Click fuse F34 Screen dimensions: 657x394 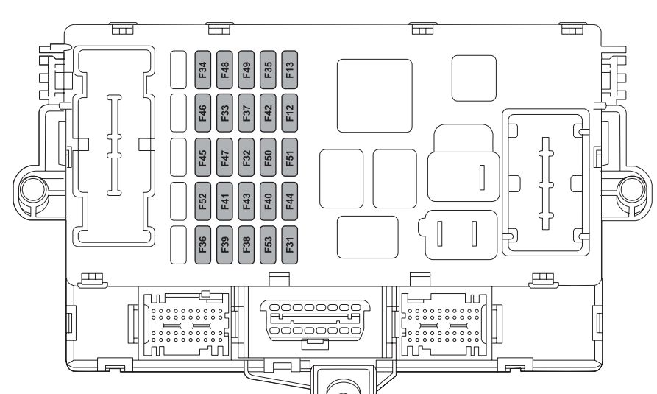click(x=203, y=70)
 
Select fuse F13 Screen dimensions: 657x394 click(x=290, y=70)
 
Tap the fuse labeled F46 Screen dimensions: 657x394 click(x=203, y=113)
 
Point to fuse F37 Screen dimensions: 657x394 click(x=246, y=113)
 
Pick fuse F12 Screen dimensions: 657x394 click(x=290, y=113)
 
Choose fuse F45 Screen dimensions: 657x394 click(x=203, y=158)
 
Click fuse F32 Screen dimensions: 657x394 click(x=246, y=158)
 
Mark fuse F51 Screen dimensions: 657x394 click(x=290, y=158)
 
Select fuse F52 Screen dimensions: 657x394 click(x=203, y=201)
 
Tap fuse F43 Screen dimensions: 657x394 click(x=246, y=201)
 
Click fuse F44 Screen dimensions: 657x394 click(x=290, y=201)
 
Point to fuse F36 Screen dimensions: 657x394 click(x=203, y=245)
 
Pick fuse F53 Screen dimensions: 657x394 click(x=268, y=245)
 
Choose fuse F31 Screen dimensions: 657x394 click(x=290, y=245)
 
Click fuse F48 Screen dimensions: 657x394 click(x=224, y=70)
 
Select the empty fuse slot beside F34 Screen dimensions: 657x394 click(x=179, y=70)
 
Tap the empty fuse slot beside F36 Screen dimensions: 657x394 click(x=179, y=245)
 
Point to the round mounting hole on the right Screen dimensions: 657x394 click(x=632, y=190)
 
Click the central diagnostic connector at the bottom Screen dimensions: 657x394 click(x=315, y=320)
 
